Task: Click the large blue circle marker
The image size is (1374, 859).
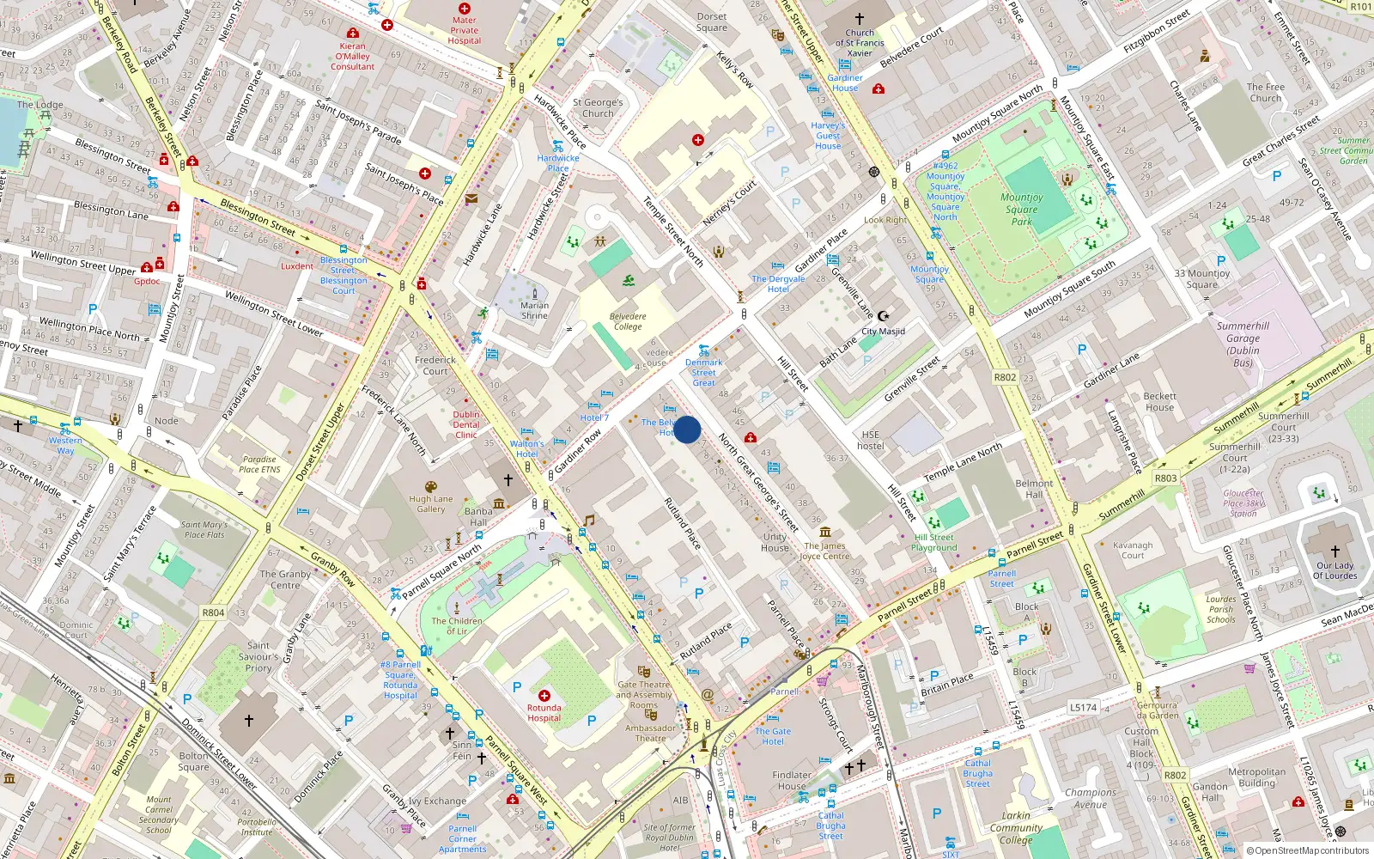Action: tap(687, 429)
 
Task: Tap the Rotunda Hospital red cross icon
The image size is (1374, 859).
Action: tap(544, 695)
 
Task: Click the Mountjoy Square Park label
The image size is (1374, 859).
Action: tap(1021, 209)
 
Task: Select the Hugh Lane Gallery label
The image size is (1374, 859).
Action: tap(431, 503)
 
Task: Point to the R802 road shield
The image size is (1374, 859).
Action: tap(1005, 377)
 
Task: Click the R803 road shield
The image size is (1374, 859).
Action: tap(1165, 478)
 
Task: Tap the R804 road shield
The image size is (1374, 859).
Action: tap(213, 612)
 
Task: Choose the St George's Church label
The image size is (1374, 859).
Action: tap(598, 107)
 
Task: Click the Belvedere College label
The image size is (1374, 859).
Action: tap(628, 321)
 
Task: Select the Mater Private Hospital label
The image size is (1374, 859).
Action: tap(464, 30)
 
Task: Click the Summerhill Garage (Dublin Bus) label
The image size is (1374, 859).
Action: tap(1243, 344)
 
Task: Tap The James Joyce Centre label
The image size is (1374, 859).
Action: tap(824, 551)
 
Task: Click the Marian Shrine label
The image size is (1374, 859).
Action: tap(534, 310)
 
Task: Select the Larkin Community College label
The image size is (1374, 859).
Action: tap(1016, 828)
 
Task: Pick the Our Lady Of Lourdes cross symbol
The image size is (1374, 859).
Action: tap(1334, 551)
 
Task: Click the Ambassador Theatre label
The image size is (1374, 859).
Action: tap(650, 733)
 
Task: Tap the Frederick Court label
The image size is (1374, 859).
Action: tap(435, 366)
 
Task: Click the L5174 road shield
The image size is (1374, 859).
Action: tap(1083, 707)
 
